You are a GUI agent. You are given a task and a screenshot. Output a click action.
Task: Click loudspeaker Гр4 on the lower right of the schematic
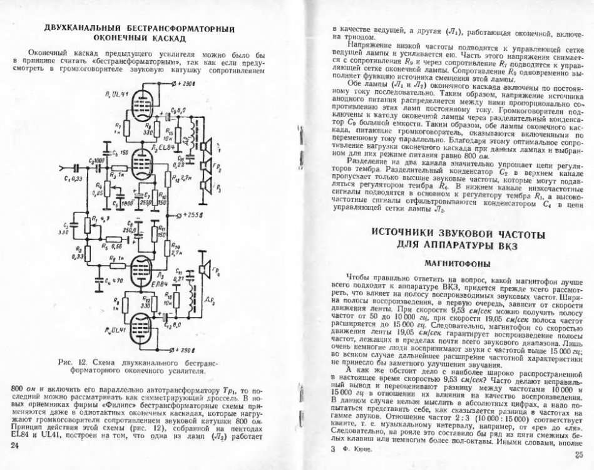pos(204,270)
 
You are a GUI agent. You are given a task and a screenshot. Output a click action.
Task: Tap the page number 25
pos(578,456)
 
